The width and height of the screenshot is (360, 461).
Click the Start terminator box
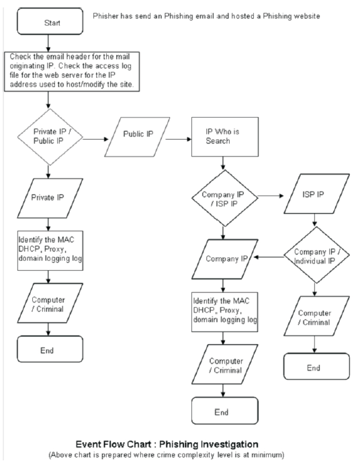pos(50,22)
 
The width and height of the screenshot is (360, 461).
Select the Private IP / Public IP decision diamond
pos(50,137)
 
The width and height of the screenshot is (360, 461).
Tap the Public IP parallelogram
pos(137,137)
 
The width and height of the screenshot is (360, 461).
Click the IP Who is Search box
pos(225,137)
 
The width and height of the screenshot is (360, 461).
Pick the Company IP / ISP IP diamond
pos(225,198)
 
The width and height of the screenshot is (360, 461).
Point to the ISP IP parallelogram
pos(317,194)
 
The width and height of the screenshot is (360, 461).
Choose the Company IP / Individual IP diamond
pos(317,255)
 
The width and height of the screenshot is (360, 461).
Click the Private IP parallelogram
pos(50,198)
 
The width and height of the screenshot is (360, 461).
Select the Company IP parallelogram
pos(225,259)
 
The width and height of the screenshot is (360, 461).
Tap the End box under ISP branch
pos(317,366)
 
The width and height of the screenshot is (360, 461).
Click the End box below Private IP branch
pos(50,349)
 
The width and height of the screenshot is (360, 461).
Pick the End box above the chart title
pos(225,411)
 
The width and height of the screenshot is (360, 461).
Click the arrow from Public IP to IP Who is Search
pos(179,138)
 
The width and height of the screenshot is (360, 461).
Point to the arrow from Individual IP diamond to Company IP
pos(269,257)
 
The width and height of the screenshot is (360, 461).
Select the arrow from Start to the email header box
pos(48,44)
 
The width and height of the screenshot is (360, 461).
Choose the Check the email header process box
pos(72,72)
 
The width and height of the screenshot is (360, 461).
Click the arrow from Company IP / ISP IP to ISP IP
pos(271,196)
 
